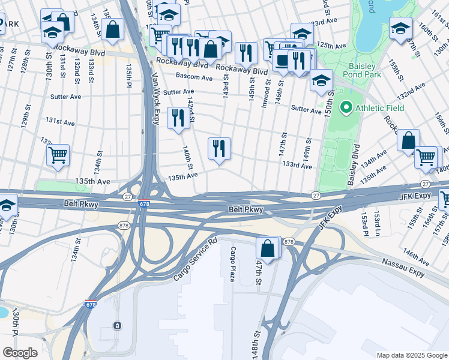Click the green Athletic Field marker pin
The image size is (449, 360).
pyautogui.click(x=346, y=109)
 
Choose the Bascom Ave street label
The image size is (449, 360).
pyautogui.click(x=194, y=77)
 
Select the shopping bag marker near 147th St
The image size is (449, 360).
pyautogui.click(x=267, y=248)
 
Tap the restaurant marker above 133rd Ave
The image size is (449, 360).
pyautogui.click(x=219, y=148)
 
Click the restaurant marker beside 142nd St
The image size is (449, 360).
pyautogui.click(x=177, y=118)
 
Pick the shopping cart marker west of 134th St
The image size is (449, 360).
pyautogui.click(x=58, y=155)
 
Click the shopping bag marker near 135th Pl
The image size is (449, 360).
pyautogui.click(x=112, y=28)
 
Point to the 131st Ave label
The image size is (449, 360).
pyautogui.click(x=61, y=122)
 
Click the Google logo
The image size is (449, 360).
pyautogui.click(x=20, y=353)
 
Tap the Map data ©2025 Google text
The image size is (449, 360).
pyautogui.click(x=411, y=355)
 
